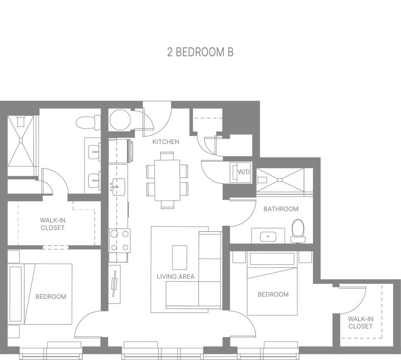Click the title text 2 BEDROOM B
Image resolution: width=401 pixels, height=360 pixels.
click(200, 52)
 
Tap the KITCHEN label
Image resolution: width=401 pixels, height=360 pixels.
click(166, 142)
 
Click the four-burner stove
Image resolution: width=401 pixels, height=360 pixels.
click(119, 240)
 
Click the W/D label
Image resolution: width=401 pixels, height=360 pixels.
click(244, 172)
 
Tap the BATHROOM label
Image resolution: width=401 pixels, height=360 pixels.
click(281, 209)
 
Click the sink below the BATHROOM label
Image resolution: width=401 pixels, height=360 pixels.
click(268, 236)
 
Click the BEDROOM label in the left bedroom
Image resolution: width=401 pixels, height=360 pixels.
click(51, 296)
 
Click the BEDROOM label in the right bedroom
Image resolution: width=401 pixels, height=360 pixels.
click(273, 293)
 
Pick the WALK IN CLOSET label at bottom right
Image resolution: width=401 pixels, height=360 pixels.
click(360, 322)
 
